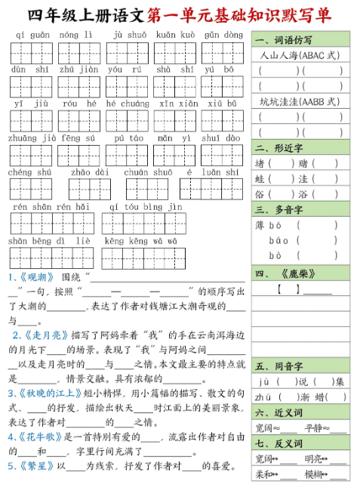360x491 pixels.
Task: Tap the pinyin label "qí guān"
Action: point(32,35)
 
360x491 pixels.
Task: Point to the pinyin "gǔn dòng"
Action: point(223,35)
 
